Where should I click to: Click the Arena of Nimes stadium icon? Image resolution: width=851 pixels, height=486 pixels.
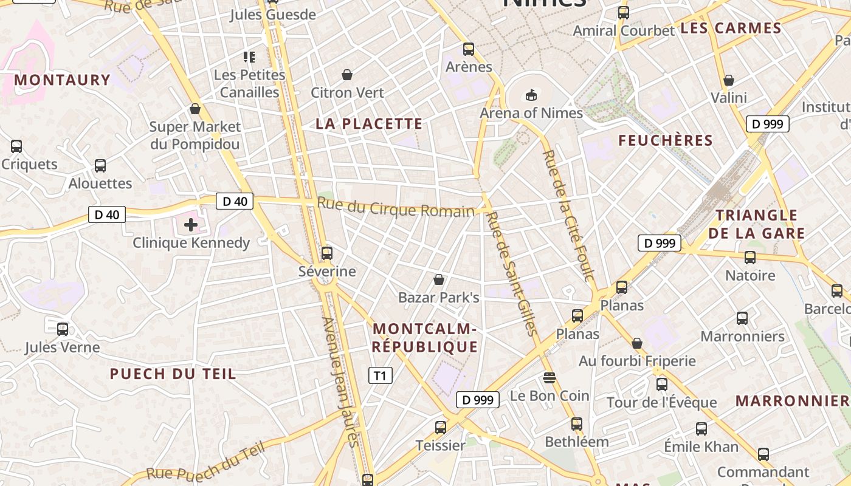click(531, 95)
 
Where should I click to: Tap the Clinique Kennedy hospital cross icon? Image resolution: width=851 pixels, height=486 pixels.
click(191, 225)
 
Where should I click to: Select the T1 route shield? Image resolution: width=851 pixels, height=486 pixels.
click(380, 375)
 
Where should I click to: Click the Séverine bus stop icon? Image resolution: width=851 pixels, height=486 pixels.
click(327, 253)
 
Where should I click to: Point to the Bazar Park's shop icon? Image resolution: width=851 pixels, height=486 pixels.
click(439, 279)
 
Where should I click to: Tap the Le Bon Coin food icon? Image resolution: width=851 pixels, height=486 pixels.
click(550, 378)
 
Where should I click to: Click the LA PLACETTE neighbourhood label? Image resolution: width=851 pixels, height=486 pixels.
click(369, 124)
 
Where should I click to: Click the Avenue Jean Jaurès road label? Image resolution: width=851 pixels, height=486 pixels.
click(341, 383)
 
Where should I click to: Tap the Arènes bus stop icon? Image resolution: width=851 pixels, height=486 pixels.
click(469, 49)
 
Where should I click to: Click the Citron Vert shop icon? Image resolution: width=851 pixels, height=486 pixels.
click(347, 75)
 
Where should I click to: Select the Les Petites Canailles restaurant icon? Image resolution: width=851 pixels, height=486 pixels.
click(249, 57)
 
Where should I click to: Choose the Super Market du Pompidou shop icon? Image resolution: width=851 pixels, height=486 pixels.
click(195, 109)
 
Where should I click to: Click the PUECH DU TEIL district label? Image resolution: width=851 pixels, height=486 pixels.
click(173, 374)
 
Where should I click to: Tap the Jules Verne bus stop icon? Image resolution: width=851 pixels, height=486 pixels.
click(63, 329)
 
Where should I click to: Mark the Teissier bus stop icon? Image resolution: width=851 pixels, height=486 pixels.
click(441, 427)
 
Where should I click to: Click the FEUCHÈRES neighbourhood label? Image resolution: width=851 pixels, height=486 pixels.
click(666, 141)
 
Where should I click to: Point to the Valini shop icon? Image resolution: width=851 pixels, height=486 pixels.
click(729, 80)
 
